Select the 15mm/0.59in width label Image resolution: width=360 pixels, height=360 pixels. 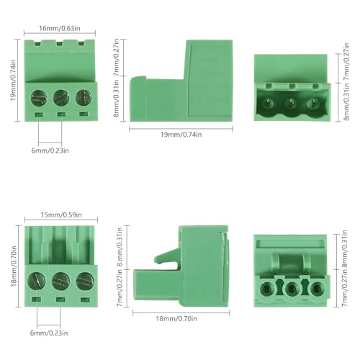point(60,214)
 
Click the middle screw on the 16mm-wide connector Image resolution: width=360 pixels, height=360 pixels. point(61,96)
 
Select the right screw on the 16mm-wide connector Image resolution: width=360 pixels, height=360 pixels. point(84,96)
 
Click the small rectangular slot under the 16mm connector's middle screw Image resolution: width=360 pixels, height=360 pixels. point(61,115)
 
